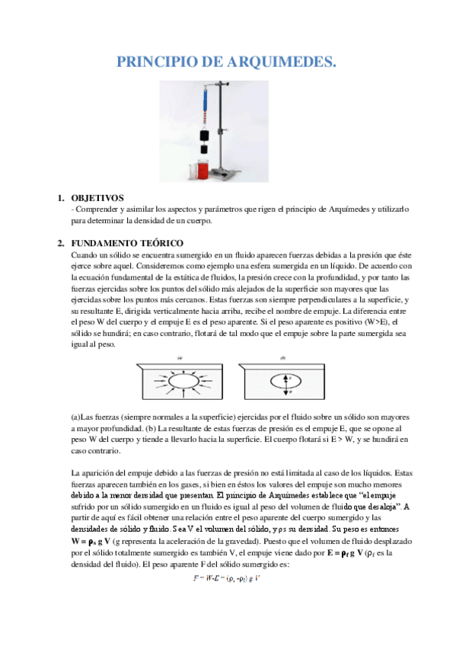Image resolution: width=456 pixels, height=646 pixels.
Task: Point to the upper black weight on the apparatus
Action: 204,136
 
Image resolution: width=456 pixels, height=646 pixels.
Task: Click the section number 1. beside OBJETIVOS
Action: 62,197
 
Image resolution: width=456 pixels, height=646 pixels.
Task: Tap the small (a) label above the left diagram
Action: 181,357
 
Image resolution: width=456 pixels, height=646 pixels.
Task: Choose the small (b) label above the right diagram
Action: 282,357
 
